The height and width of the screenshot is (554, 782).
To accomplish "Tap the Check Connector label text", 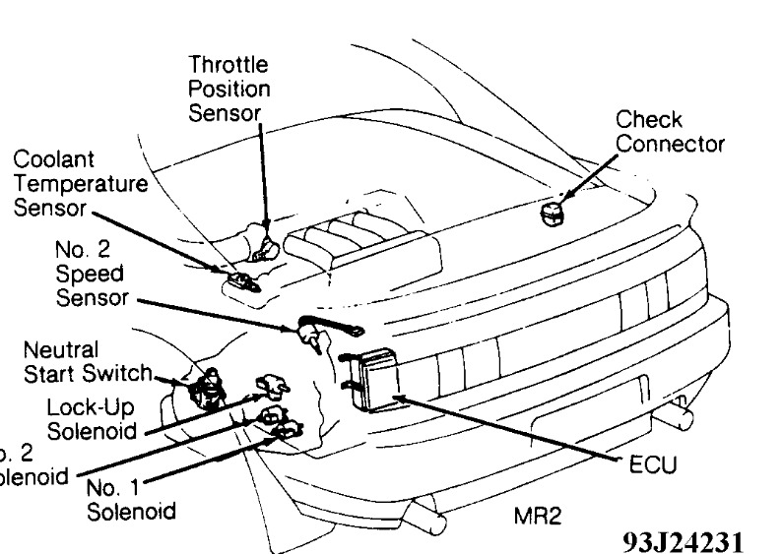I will coord(669,132).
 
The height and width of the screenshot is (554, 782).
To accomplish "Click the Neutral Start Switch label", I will coord(87,361).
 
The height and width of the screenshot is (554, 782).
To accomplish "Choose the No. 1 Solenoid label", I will coord(133,500).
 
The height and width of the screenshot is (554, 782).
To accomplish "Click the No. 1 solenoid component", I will coord(288,433).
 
